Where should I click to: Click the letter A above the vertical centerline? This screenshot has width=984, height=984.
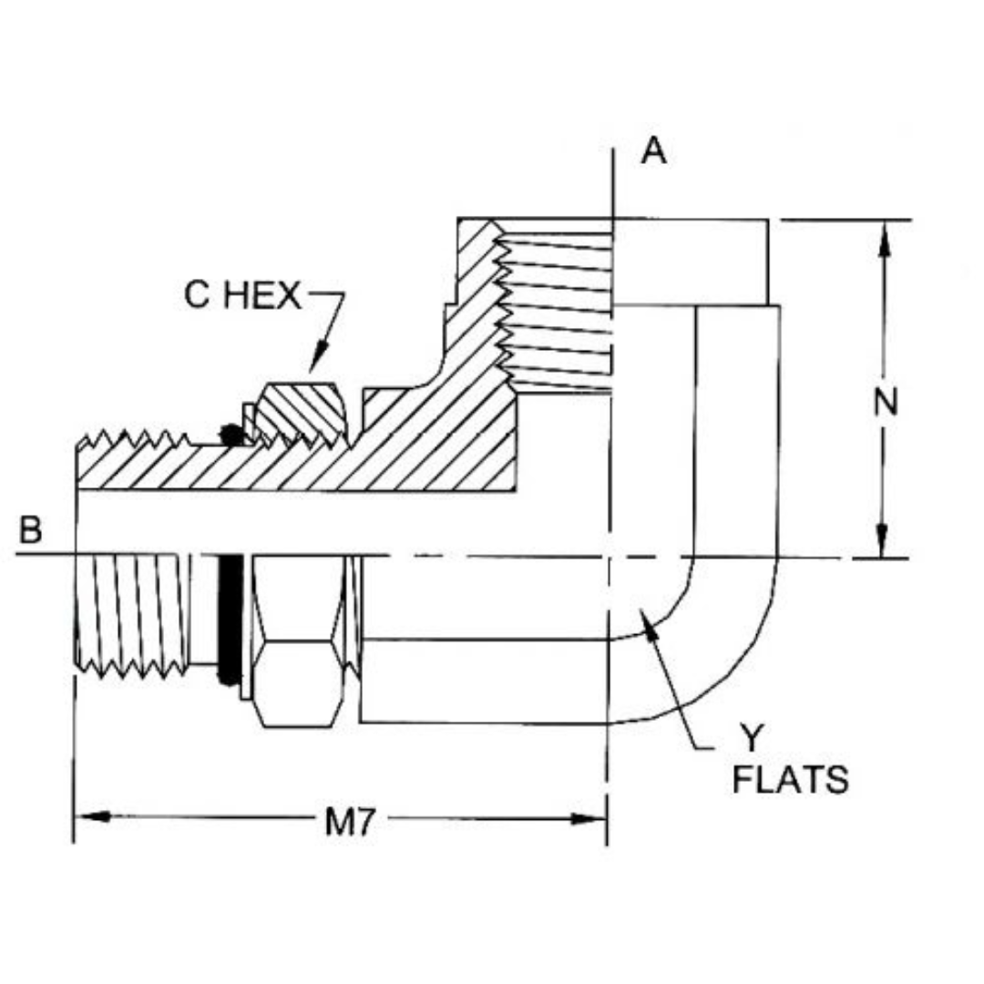(653, 151)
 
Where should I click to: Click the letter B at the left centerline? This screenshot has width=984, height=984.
(31, 530)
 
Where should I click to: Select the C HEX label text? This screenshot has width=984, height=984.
(242, 296)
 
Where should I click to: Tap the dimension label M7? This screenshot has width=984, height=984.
(348, 822)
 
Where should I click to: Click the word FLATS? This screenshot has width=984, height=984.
(791, 781)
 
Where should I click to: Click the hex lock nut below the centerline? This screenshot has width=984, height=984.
(300, 642)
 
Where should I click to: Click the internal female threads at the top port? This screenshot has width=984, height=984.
(556, 310)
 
